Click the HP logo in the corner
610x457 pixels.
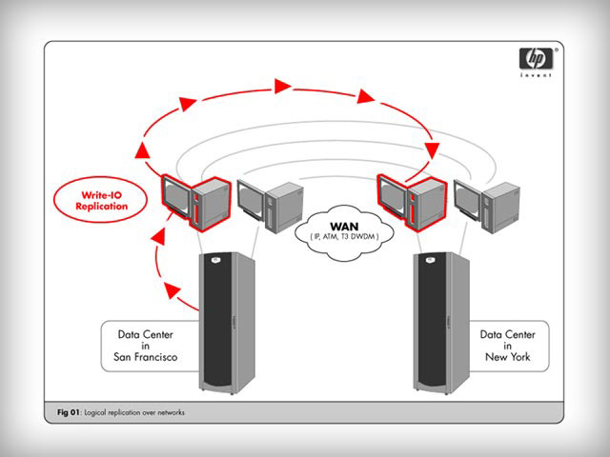click(x=536, y=58)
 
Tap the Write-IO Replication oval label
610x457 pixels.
click(x=101, y=200)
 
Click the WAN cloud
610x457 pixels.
click(x=344, y=232)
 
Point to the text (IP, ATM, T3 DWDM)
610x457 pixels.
click(x=344, y=236)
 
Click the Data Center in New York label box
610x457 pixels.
click(x=509, y=346)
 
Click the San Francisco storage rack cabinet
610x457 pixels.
click(x=227, y=323)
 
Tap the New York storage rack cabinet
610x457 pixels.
click(x=441, y=323)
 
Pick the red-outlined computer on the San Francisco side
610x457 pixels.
click(x=195, y=203)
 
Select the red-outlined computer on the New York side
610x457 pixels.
click(x=412, y=203)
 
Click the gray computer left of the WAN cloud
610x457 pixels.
click(x=270, y=206)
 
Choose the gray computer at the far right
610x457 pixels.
click(x=486, y=206)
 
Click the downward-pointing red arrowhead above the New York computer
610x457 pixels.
click(x=432, y=150)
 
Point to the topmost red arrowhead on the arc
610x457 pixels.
click(x=282, y=86)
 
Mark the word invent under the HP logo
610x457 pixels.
click(x=536, y=74)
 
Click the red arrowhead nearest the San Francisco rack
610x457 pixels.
click(x=172, y=289)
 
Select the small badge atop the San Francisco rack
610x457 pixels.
click(x=215, y=259)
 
